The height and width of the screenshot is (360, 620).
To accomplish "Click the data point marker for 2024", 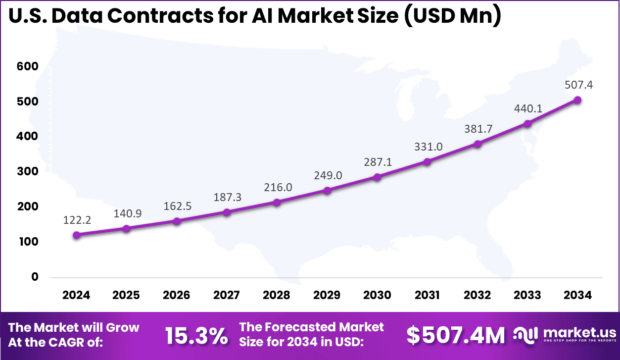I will point(76,235).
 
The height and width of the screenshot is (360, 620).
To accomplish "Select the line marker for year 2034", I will point(577,100).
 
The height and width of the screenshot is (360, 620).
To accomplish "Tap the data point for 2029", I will point(327,190).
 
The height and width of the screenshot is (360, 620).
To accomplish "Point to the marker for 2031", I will point(427,161).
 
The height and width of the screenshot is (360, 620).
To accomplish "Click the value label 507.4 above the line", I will point(579,85).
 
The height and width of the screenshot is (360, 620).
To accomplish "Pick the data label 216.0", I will point(278,187).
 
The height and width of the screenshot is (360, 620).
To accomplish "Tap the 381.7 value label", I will point(478,129).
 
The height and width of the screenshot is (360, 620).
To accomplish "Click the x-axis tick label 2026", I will point(177,295).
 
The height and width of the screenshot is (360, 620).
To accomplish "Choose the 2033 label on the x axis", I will point(527,295).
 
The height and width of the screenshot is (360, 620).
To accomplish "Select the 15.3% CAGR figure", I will point(196,336).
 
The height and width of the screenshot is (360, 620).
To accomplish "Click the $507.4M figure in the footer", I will point(456,335).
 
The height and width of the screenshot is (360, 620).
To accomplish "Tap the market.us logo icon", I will point(525,335).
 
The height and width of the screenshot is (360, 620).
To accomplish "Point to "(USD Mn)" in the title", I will point(450,17).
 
